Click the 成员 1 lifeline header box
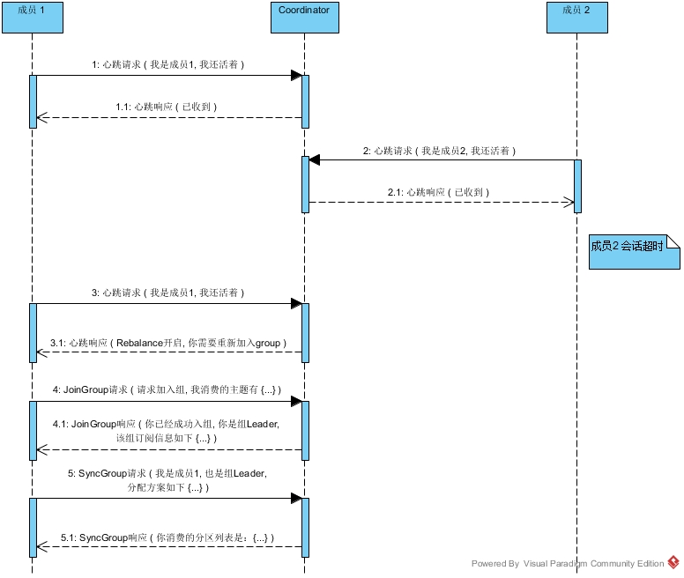[32, 18]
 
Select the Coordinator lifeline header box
[304, 18]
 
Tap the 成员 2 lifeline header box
[576, 18]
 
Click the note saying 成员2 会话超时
[634, 251]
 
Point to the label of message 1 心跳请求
[167, 65]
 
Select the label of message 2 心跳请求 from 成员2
[439, 151]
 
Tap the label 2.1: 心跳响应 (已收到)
[438, 191]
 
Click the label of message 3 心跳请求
[167, 293]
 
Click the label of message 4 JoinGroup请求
[167, 389]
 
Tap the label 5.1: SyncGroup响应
[167, 537]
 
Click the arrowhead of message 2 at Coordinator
[315, 160]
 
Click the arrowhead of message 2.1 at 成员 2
[569, 202]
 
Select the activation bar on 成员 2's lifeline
[577, 186]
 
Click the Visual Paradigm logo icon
[673, 562]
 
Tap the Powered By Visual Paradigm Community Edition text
[568, 564]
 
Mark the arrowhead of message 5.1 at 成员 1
[41, 546]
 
